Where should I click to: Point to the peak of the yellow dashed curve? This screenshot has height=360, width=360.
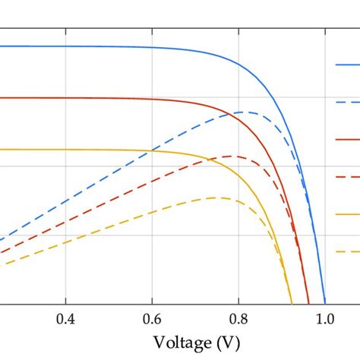click(x=216, y=197)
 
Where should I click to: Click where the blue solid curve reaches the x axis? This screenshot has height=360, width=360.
click(x=325, y=304)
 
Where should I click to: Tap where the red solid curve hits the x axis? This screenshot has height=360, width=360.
click(x=309, y=304)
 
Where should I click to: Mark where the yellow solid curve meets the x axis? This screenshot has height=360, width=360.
click(x=292, y=304)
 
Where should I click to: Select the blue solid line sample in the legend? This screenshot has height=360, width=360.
click(x=347, y=65)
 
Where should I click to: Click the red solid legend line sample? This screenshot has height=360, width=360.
click(x=347, y=139)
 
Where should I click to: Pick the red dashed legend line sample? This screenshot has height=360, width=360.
click(x=347, y=176)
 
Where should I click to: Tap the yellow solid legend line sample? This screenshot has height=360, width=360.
click(x=347, y=214)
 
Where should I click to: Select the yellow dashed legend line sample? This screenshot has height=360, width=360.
click(x=347, y=251)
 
